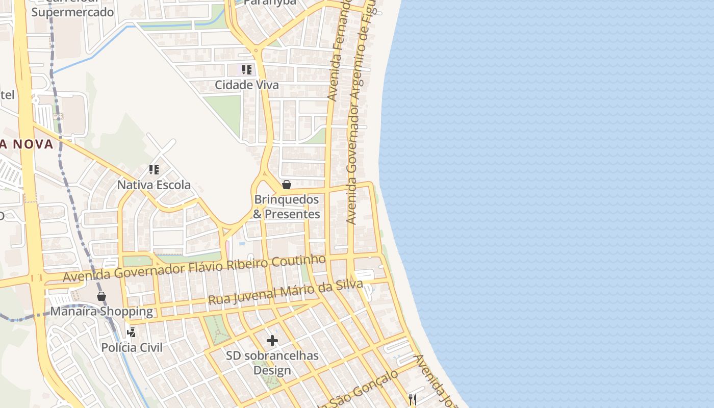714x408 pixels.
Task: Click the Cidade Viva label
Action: point(247,85)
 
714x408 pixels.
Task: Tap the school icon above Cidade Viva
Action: point(247,69)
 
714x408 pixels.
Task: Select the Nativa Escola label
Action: point(154,185)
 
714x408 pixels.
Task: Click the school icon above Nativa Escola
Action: point(154,169)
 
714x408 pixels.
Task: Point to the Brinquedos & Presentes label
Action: point(286,207)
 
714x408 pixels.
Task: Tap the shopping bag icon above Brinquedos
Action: point(287,184)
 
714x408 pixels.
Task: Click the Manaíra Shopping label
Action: point(101,311)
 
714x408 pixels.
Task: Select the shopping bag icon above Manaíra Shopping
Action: point(101,296)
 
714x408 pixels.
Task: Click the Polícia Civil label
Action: point(132,347)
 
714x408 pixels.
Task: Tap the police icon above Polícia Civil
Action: point(132,333)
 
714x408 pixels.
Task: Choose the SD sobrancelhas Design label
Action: point(272,363)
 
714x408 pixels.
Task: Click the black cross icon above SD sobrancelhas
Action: point(272,340)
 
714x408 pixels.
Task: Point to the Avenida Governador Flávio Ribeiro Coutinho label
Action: point(194,268)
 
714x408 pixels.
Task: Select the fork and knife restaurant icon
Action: point(413,399)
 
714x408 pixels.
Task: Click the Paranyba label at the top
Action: point(270,3)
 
